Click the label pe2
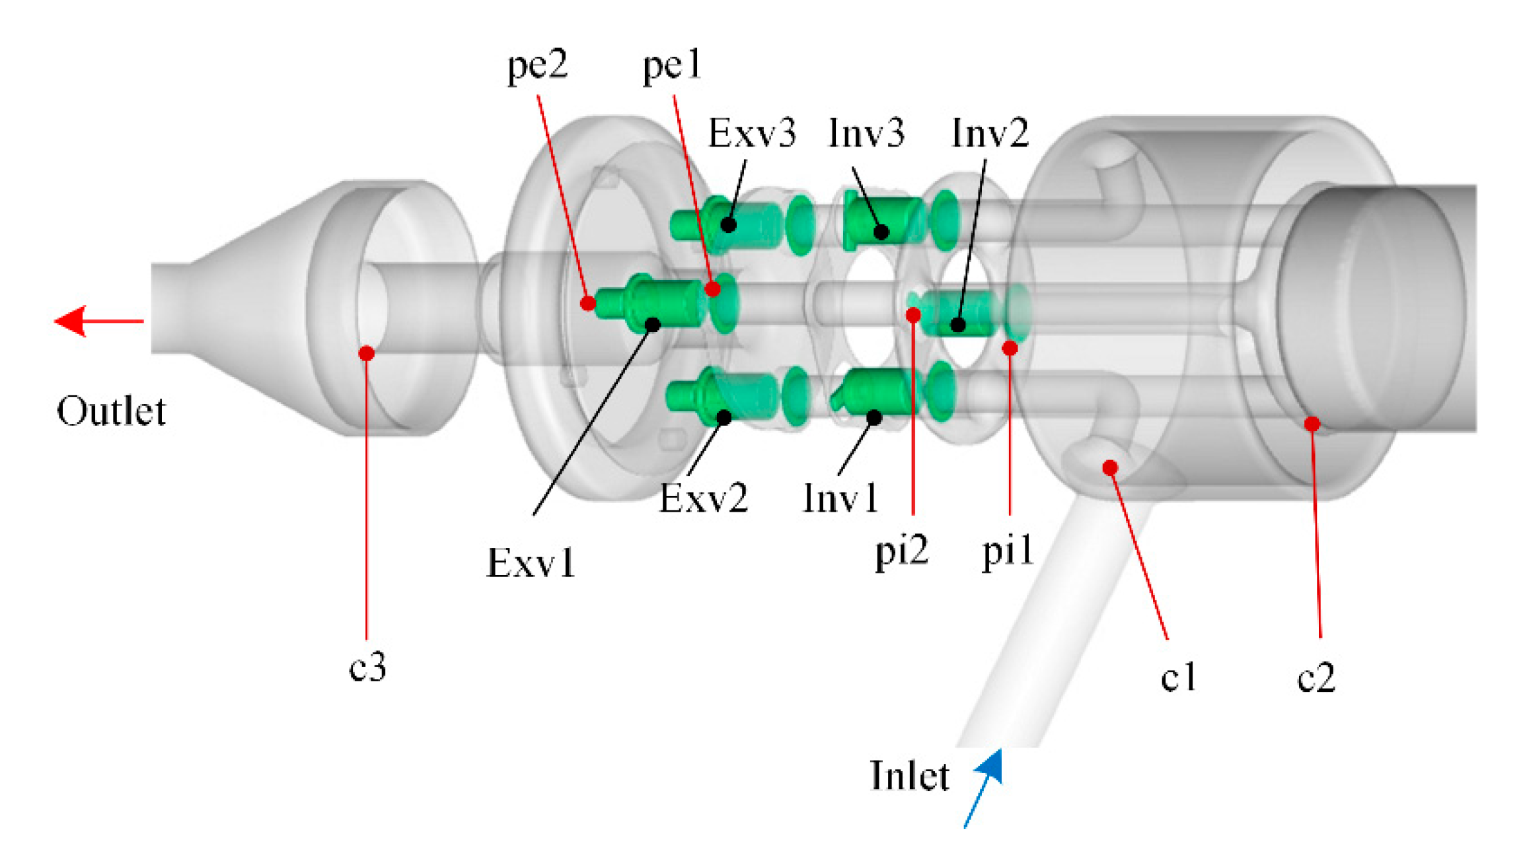537,66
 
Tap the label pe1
671,66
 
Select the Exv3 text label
752,133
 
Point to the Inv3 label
866,133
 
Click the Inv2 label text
989,133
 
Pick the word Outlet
111,411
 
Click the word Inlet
909,776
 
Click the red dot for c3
367,353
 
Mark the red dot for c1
1110,467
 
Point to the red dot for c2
1312,424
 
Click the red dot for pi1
1010,348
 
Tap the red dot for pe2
587,303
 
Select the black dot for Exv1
652,324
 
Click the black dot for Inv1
874,417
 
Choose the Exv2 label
703,498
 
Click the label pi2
901,551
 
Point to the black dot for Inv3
881,232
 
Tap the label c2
1316,678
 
